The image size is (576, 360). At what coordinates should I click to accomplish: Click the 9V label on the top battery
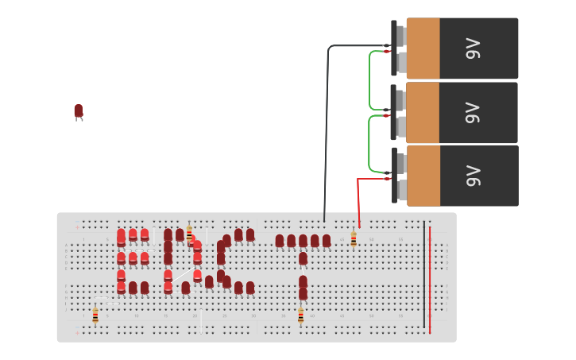[474, 48]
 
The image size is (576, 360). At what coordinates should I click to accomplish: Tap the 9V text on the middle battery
[474, 113]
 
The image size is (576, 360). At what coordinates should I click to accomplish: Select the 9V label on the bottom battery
[474, 176]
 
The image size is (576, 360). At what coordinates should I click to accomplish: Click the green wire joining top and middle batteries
[369, 80]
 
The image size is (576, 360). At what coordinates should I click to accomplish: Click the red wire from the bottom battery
[358, 203]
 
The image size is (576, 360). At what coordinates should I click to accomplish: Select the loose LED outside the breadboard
[78, 111]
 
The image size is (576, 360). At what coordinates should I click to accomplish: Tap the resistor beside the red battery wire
[354, 238]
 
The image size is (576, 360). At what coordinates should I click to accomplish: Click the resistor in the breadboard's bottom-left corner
[95, 315]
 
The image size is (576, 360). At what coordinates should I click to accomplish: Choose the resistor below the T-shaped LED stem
[300, 315]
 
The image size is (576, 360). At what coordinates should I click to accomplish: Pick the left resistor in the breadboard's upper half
[189, 233]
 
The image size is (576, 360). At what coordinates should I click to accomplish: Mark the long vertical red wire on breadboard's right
[430, 278]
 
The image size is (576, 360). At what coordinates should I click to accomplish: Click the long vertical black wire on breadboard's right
[424, 278]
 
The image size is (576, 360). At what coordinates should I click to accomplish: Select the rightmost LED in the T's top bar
[326, 240]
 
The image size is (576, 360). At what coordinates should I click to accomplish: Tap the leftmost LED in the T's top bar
[280, 240]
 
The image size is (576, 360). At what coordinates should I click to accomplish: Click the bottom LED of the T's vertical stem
[303, 293]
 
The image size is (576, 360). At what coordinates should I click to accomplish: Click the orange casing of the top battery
[423, 48]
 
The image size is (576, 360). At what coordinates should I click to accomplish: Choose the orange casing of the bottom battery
[423, 176]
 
